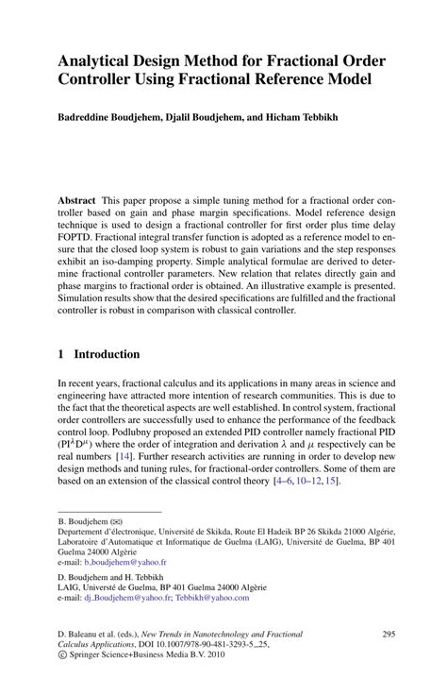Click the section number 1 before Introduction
tap(61, 354)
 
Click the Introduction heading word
tap(107, 354)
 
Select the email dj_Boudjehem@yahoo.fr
tap(131, 598)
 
